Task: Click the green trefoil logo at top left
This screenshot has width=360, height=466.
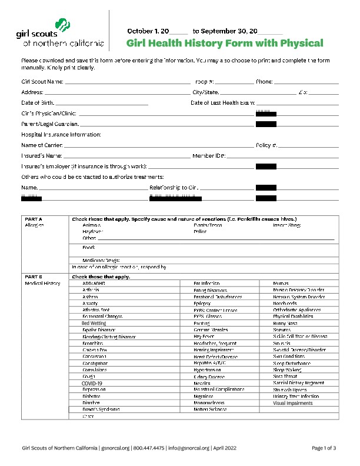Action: click(x=62, y=25)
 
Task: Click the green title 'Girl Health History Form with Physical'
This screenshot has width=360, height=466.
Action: click(x=225, y=43)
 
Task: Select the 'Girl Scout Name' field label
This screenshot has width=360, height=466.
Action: click(x=42, y=82)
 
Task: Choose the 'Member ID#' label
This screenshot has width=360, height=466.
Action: click(x=209, y=156)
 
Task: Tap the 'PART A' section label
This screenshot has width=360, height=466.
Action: click(x=34, y=219)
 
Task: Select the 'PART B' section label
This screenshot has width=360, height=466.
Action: click(x=34, y=277)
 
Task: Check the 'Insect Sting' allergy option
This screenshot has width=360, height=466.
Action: click(x=287, y=225)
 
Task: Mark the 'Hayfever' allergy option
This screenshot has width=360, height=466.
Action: click(x=92, y=232)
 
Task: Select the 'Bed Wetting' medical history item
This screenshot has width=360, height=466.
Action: click(x=94, y=323)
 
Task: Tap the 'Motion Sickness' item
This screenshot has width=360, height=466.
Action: click(x=209, y=409)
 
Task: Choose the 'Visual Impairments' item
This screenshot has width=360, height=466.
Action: click(x=293, y=403)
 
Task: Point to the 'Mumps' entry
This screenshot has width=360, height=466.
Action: click(x=281, y=284)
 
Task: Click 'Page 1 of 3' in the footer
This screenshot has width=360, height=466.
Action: click(x=324, y=448)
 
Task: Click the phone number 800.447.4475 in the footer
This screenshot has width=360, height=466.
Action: click(x=149, y=448)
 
